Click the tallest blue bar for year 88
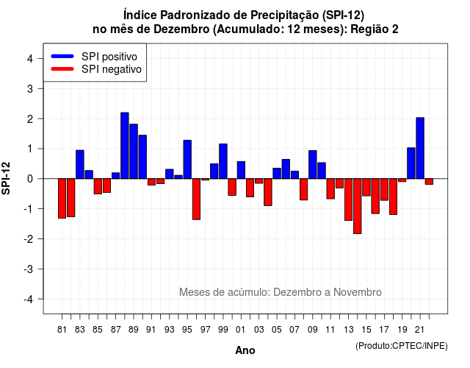click(125, 146)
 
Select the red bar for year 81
click(62, 198)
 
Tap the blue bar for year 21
click(420, 148)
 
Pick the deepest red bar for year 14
click(358, 206)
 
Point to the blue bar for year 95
click(187, 160)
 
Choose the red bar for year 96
click(196, 199)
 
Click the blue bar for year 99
click(223, 161)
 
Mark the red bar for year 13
click(348, 199)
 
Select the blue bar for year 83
click(80, 165)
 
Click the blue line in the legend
click(62, 56)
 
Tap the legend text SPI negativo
click(112, 69)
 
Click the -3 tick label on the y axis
click(29, 269)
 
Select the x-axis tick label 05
click(277, 330)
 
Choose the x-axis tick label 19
click(402, 330)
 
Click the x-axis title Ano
click(245, 350)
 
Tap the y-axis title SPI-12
click(6, 178)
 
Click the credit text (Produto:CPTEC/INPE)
click(402, 346)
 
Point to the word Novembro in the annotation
click(358, 292)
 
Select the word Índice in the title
click(140, 15)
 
